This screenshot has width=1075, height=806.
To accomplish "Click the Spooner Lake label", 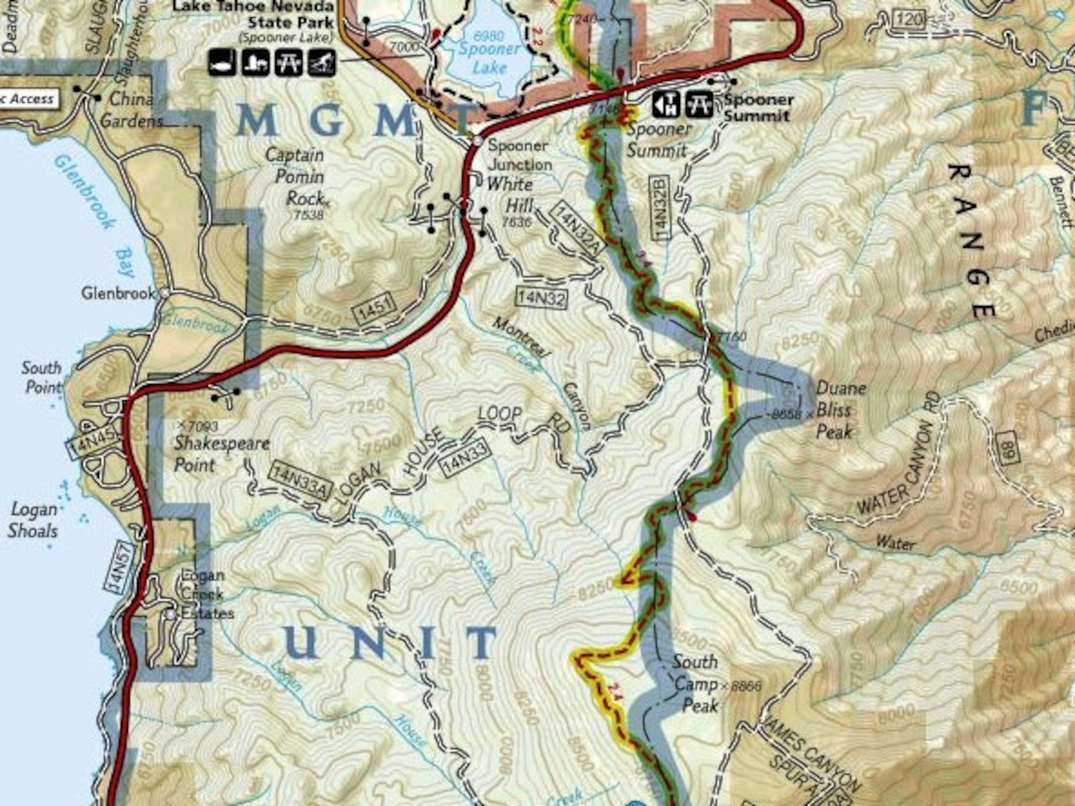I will (490, 57).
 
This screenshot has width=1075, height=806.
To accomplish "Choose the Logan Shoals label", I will (33, 520).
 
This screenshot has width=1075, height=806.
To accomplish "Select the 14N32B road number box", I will (661, 208).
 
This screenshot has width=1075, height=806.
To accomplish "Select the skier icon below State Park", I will (322, 63).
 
